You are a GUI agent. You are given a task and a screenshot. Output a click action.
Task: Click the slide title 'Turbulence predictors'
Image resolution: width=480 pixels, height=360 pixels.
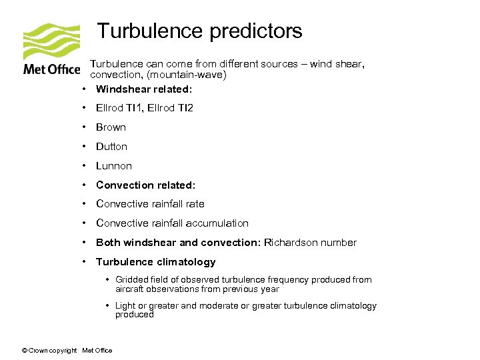point(199,31)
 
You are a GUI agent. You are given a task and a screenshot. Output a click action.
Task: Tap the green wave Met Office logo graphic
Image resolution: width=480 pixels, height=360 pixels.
point(51,41)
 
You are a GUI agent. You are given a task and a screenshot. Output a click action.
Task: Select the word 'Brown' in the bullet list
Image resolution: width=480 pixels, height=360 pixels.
point(111,127)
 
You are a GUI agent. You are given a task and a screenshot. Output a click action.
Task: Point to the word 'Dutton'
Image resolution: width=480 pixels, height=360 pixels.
point(111,147)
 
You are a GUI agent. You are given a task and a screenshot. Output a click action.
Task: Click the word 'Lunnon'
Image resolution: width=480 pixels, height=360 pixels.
point(114,166)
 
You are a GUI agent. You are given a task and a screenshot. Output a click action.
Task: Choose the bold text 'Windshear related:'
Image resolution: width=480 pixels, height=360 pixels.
point(144,89)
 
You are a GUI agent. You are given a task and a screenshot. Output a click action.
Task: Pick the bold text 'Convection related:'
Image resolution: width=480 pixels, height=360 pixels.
point(145,185)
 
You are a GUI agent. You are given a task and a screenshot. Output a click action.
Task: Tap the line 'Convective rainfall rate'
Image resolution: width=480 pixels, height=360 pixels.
point(150,204)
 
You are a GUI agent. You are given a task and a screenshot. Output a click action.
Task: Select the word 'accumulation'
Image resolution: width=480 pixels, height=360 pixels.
point(216,223)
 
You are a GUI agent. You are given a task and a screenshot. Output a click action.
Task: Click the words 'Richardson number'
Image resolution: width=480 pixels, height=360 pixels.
point(310,243)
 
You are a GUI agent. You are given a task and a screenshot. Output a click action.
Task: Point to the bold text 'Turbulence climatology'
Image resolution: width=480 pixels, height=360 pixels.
point(156,262)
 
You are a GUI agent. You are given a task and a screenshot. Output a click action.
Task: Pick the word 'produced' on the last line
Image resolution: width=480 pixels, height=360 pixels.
point(135,315)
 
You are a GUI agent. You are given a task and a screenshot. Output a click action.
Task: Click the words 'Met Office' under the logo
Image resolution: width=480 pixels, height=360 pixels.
point(51,69)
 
